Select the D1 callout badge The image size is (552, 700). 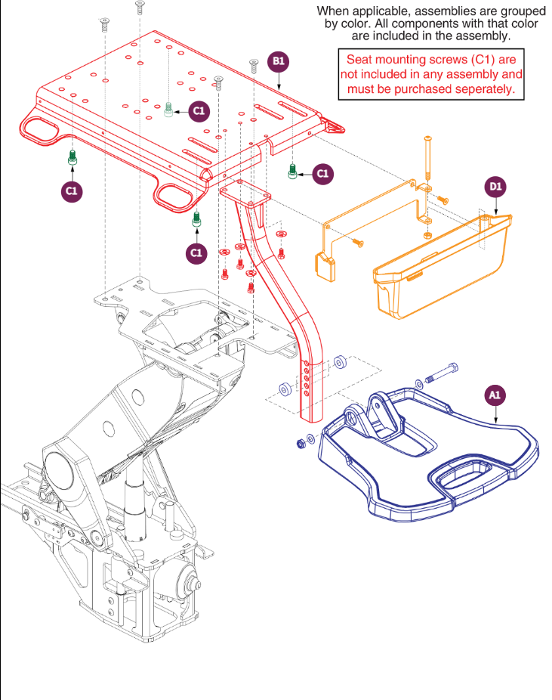click(x=494, y=186)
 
